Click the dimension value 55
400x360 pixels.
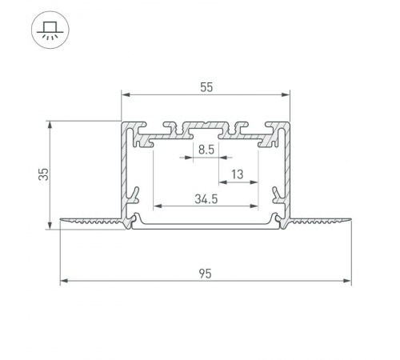pos(206,89)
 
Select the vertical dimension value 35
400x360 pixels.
pos(46,174)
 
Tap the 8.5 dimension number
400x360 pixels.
pos(206,149)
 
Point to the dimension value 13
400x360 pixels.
pos(237,174)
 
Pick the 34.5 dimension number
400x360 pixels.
pos(206,199)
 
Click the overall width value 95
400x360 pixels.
pos(206,274)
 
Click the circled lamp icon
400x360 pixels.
pos(50,31)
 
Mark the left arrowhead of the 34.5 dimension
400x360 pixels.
pos(156,206)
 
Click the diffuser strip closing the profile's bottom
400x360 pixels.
pos(206,226)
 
